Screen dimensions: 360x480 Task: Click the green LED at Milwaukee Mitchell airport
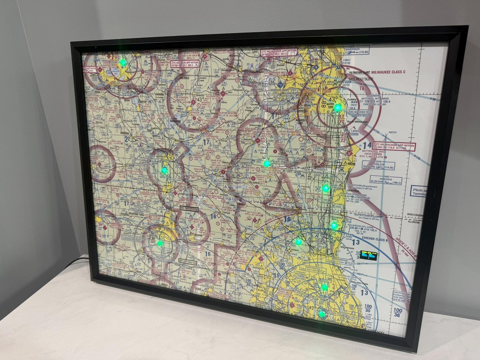point(337,107)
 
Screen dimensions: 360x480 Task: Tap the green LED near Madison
point(123,63)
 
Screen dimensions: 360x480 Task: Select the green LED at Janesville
point(164,170)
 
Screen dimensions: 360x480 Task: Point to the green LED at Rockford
point(160,242)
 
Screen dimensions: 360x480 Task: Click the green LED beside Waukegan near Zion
point(334,225)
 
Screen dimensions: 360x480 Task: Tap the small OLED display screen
point(368,255)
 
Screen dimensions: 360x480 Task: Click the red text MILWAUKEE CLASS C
point(388,72)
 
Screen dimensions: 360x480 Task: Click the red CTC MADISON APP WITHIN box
point(185,64)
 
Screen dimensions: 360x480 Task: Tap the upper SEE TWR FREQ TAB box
point(189,208)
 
